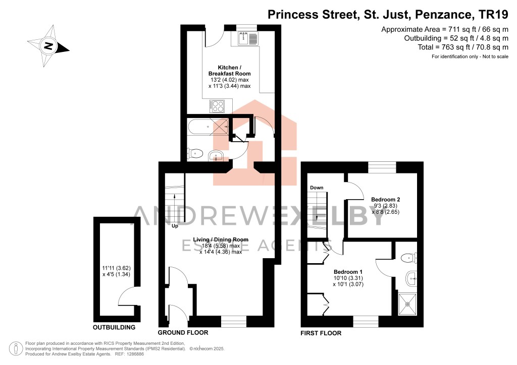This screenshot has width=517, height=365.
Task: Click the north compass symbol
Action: pos(48,46)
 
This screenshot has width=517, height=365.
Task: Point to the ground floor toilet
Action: pos(195,153)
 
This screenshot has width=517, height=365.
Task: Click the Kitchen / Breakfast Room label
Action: pos(230,71)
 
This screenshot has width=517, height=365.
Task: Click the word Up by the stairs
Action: pos(175,226)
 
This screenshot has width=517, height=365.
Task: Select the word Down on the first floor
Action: pos(317,188)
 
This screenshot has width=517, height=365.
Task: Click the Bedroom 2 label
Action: pos(386,199)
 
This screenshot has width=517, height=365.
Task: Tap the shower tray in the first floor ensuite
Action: pos(407,304)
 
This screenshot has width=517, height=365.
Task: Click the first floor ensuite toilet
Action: pos(409,258)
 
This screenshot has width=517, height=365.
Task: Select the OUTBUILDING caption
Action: pos(114,328)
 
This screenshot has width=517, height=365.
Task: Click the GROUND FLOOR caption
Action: pos(183,333)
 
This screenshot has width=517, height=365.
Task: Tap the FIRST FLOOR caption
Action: pos(321,333)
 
